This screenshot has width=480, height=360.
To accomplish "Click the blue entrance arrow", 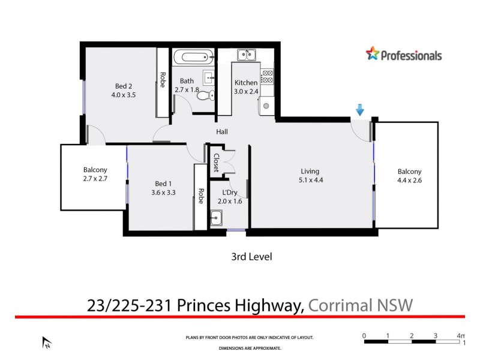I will coord(360,110).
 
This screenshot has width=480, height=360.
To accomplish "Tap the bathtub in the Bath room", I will coord(193,59).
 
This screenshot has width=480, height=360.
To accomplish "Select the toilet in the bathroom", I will coord(204,95).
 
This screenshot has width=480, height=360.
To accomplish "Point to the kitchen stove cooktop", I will coord(267,76).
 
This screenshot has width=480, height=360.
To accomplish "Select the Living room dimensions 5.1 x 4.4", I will coord(310,180).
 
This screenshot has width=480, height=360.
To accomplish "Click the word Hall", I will coord(222,132).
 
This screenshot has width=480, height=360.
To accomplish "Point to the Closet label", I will coord(216,163).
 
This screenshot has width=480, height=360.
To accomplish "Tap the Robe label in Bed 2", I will coord(162,80).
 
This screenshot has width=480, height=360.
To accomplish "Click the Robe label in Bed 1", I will coord(200,197).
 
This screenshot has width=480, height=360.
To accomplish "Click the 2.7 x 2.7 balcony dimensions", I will coord(95,178).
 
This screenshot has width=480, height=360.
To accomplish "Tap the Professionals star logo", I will coord(373,55).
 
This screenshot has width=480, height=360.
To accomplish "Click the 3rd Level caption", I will coord(252,257).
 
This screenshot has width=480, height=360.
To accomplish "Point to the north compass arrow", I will coord(46,343).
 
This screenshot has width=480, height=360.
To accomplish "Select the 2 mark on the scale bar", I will coord(412,335).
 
